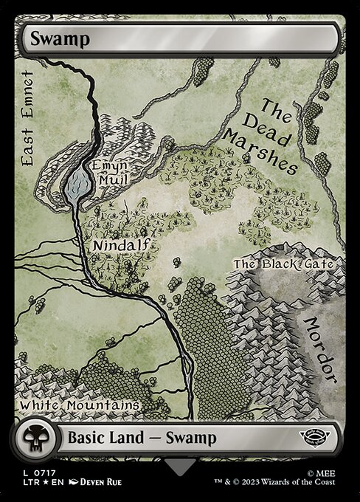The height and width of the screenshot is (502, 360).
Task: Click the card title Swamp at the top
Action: pos(60,39)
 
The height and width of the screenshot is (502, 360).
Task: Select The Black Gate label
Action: pos(284,264)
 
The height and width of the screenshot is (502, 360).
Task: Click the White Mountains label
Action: pos(80,405)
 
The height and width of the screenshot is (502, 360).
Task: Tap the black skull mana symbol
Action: pos(32,439)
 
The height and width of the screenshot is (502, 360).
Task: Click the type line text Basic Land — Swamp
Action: pos(142,438)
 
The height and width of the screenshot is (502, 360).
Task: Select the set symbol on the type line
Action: pos(322,437)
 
